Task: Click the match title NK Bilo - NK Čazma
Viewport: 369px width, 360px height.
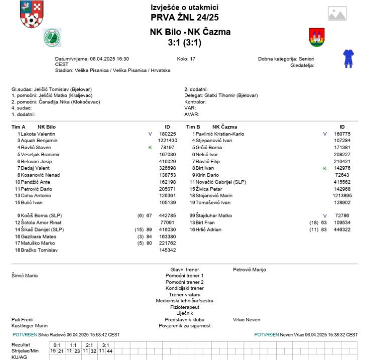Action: (x=190, y=32)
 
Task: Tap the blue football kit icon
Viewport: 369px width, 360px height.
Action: (x=348, y=58)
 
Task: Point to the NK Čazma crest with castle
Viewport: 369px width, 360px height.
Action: (x=316, y=37)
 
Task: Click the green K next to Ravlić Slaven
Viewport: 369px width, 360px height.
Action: (x=150, y=148)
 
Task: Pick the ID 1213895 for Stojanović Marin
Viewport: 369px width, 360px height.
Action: (x=341, y=195)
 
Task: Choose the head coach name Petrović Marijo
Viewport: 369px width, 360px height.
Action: (x=250, y=270)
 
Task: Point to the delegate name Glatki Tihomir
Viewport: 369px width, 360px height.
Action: (x=221, y=95)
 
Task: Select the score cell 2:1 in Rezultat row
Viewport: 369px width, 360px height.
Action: (x=89, y=345)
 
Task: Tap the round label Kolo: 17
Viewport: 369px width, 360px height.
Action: (x=186, y=59)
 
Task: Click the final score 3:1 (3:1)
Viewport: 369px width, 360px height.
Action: (x=184, y=43)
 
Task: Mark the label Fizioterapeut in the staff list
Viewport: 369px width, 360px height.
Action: (x=185, y=307)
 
